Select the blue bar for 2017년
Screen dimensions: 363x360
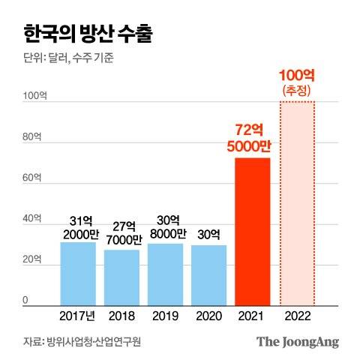pyautogui.click(x=78, y=274)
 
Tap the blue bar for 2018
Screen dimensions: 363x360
pyautogui.click(x=121, y=277)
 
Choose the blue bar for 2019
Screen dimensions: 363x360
pyautogui.click(x=165, y=274)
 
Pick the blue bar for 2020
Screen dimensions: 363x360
pyautogui.click(x=208, y=275)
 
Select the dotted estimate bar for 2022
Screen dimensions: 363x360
pyautogui.click(x=295, y=202)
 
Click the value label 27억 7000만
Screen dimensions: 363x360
pyautogui.click(x=121, y=233)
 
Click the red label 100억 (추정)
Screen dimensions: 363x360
pyautogui.click(x=296, y=82)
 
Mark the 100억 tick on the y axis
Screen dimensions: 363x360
pyautogui.click(x=35, y=96)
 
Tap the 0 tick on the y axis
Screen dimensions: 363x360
pyautogui.click(x=25, y=301)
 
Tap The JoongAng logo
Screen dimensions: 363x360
pyautogui.click(x=298, y=342)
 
